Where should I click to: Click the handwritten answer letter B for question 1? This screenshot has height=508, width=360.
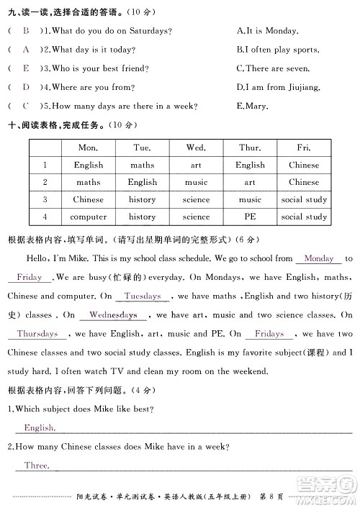(x=27, y=31)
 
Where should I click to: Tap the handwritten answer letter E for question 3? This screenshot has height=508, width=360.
(x=27, y=68)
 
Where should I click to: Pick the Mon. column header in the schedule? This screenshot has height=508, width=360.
(x=88, y=147)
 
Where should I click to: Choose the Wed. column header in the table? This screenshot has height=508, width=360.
(x=196, y=147)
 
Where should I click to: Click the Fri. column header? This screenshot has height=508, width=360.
(x=304, y=147)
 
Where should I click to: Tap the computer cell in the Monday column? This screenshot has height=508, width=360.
(x=88, y=217)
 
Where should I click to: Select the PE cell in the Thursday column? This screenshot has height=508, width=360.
(x=250, y=217)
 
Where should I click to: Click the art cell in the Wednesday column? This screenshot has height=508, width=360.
(x=196, y=165)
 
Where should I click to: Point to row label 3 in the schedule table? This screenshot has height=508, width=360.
(x=45, y=199)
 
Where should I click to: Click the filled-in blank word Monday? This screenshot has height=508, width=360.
(x=319, y=258)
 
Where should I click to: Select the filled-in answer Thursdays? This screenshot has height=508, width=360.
(x=37, y=334)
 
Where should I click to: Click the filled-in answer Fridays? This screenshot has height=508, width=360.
(x=269, y=334)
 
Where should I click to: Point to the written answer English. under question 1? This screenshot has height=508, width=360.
(x=39, y=427)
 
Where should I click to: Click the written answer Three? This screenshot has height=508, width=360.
(x=36, y=466)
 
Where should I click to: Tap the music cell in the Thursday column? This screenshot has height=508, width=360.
(x=250, y=199)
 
